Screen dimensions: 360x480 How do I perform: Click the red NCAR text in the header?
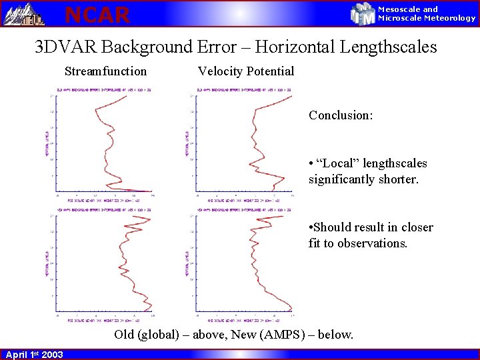tap(97, 14)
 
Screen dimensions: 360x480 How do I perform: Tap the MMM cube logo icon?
tap(363, 13)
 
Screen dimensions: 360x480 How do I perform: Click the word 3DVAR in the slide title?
tap(66, 47)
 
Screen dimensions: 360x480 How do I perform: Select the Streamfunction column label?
tap(105, 71)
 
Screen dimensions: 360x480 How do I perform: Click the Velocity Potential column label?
tap(245, 71)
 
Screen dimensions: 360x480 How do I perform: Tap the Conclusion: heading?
tap(340, 115)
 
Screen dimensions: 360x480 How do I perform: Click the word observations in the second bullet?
tap(372, 243)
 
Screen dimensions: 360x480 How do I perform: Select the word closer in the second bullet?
tap(415, 227)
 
